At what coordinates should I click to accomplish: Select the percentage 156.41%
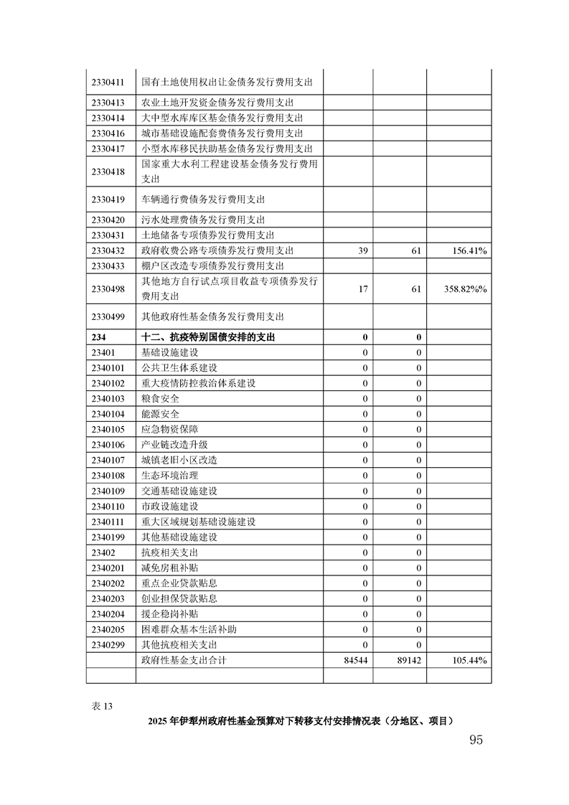pos(470,250)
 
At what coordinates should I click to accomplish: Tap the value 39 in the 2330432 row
pos(362,250)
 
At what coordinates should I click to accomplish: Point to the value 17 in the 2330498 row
pos(362,288)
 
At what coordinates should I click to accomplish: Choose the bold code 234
pos(98,337)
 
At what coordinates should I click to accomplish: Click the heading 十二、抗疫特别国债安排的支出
pos(209,337)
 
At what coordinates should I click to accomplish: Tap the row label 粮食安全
pos(161,398)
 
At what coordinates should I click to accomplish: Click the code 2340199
pos(108,537)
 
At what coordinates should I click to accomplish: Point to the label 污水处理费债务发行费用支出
pos(203,220)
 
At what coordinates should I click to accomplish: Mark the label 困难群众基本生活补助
pos(189,629)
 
